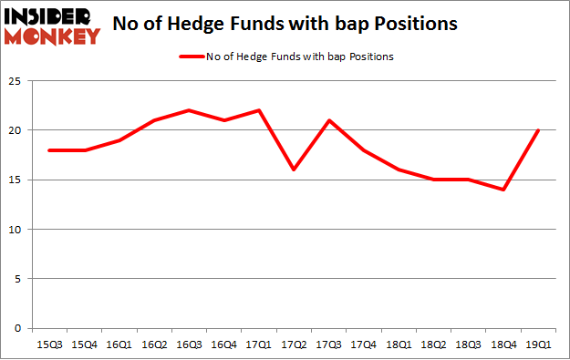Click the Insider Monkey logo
coord(52,26)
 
